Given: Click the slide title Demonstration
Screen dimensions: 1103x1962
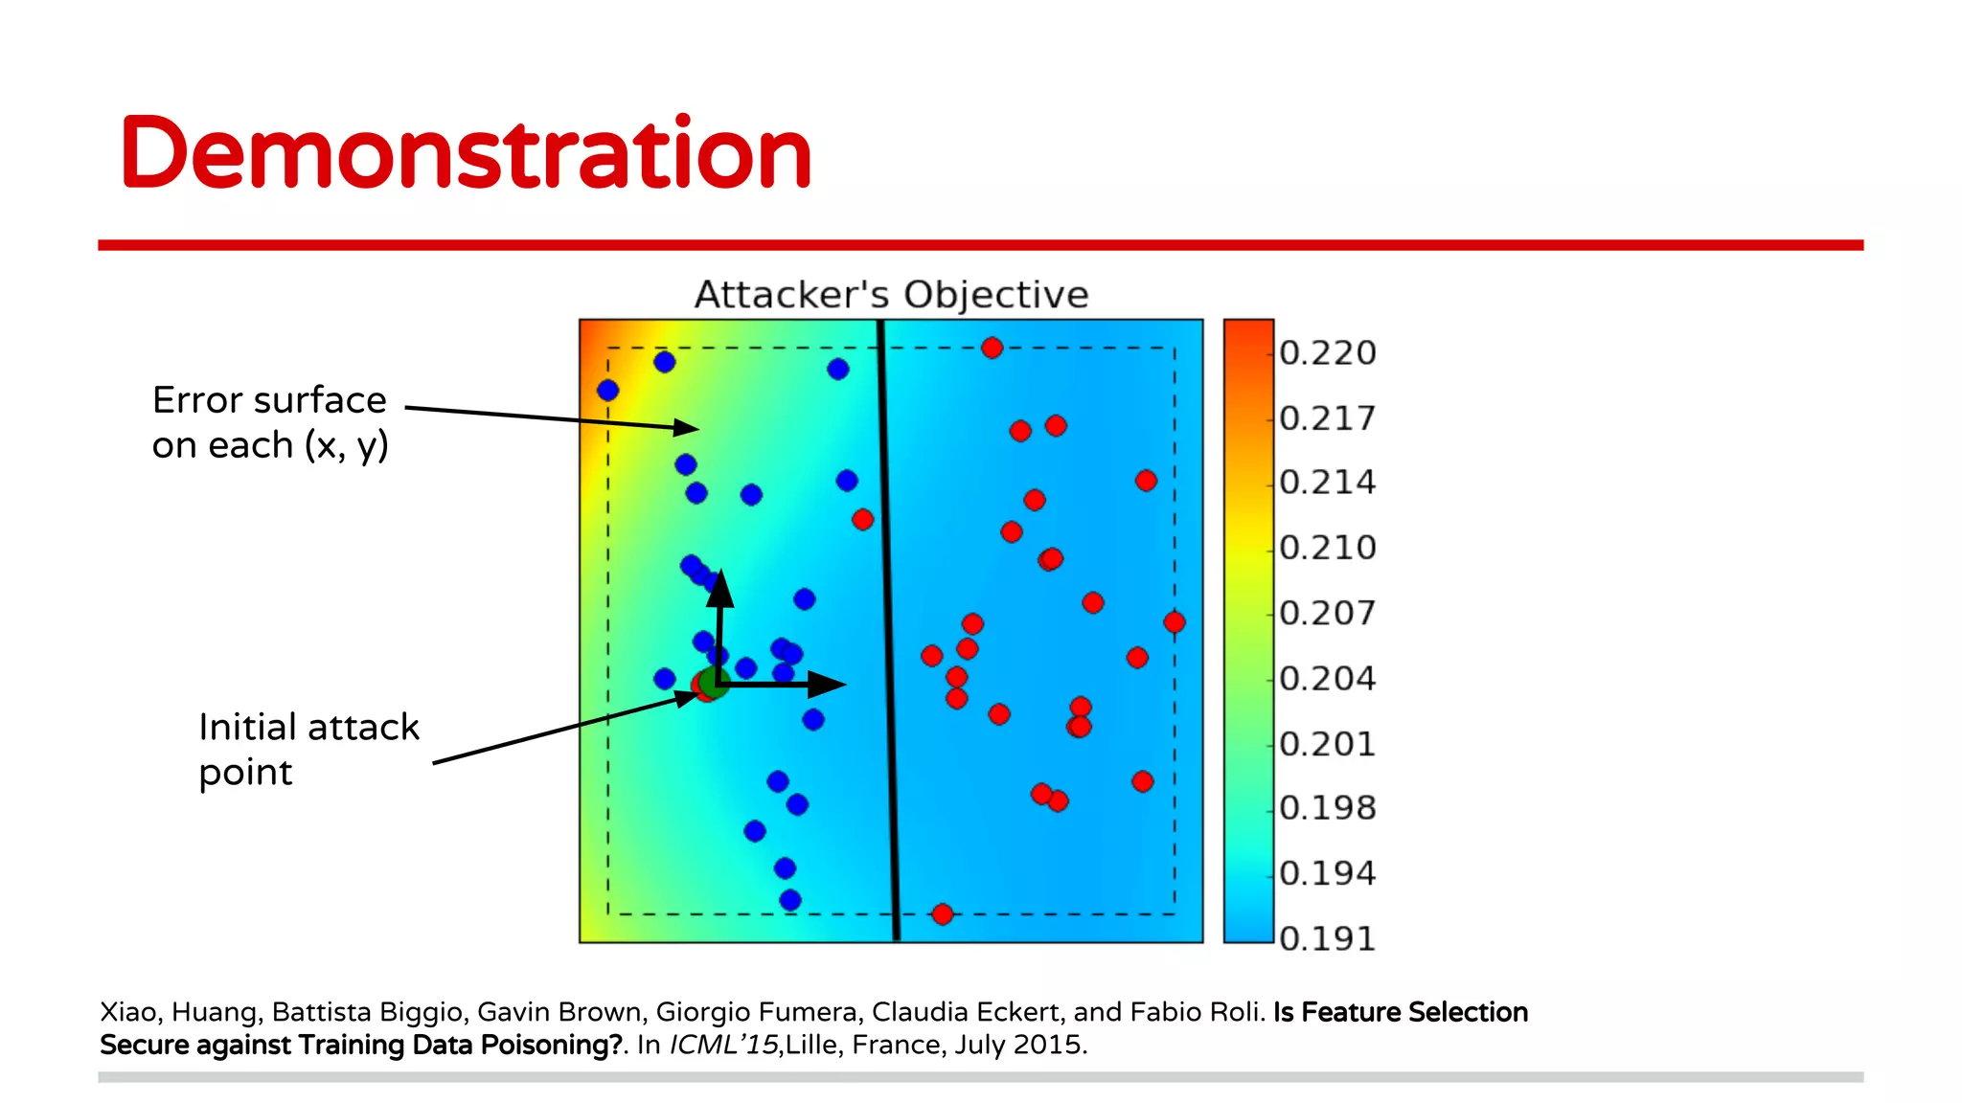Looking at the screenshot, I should click(467, 153).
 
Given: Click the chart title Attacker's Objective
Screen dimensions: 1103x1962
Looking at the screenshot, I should click(891, 295).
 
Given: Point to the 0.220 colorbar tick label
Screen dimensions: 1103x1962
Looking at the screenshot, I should click(1327, 353).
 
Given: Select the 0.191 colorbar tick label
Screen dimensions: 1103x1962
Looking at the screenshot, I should click(1327, 938).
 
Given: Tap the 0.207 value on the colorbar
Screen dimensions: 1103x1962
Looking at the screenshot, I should click(1327, 613).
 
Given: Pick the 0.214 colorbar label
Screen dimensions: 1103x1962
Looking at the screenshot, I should click(1327, 482).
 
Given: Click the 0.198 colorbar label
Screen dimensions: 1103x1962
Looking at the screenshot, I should click(1327, 808).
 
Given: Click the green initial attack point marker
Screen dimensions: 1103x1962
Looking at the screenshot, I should click(715, 683).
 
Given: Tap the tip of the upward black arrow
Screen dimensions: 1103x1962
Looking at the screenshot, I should click(720, 574).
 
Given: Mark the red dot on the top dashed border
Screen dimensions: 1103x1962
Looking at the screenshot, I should click(992, 348).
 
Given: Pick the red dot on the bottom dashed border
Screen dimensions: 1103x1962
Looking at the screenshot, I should click(942, 914).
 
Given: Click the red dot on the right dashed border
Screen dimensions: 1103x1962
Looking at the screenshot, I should click(1175, 622).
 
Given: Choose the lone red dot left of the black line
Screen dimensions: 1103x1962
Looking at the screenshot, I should click(862, 519).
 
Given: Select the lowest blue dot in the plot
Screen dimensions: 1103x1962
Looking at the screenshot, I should click(789, 900).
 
